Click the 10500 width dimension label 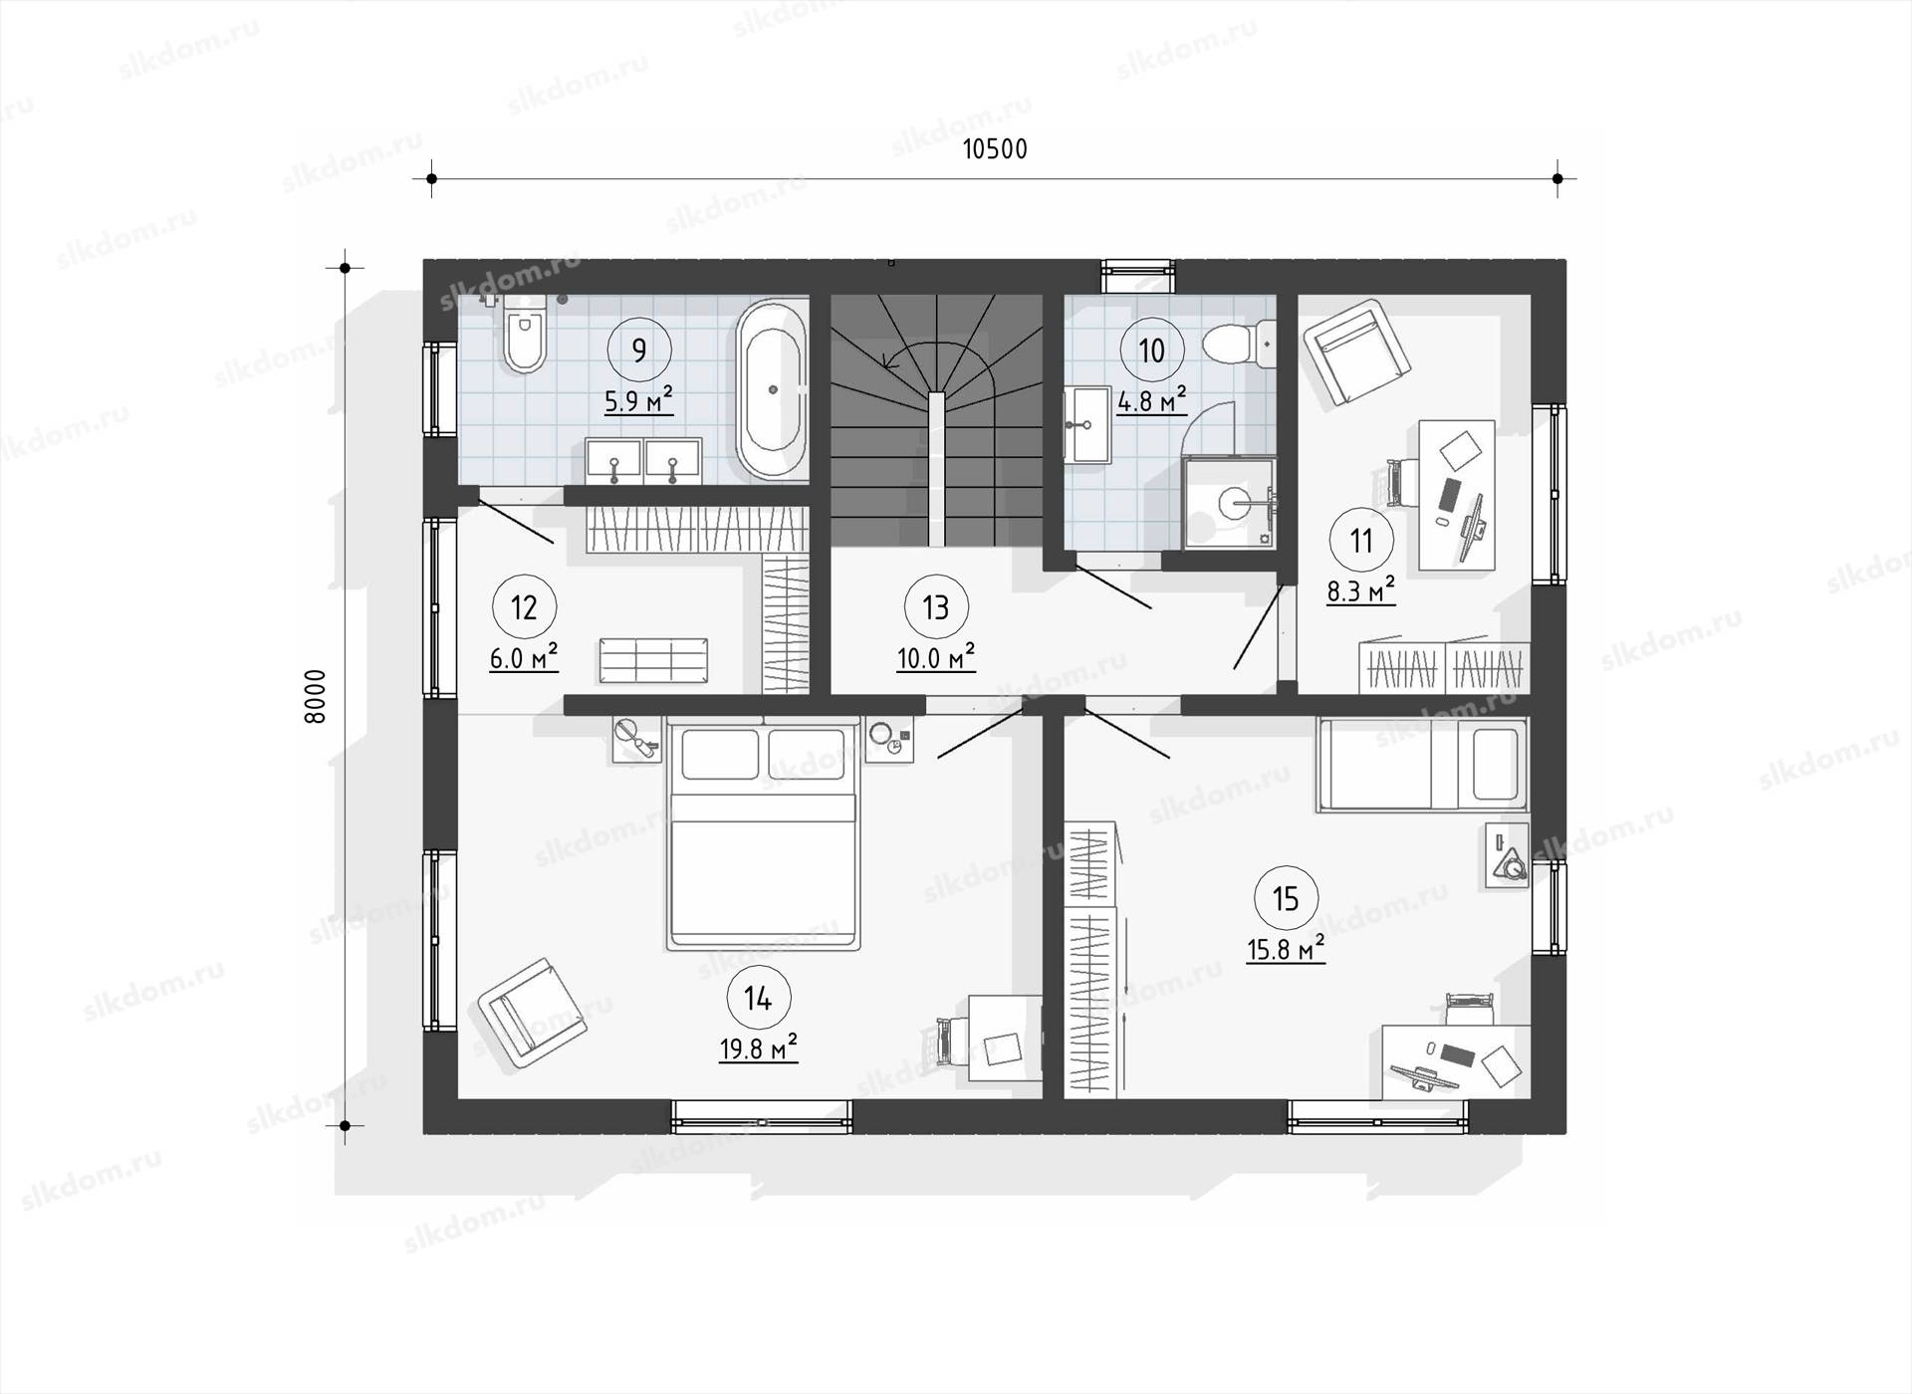pyautogui.click(x=995, y=149)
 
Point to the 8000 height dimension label pyautogui.click(x=315, y=696)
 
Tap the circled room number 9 pyautogui.click(x=639, y=349)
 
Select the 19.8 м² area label pyautogui.click(x=759, y=1047)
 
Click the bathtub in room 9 pyautogui.click(x=772, y=390)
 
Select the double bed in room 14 pyautogui.click(x=763, y=834)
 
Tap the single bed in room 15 pyautogui.click(x=1422, y=766)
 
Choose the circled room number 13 pyautogui.click(x=936, y=607)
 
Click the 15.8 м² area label pyautogui.click(x=1286, y=948)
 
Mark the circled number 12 pyautogui.click(x=524, y=607)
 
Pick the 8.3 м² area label pyautogui.click(x=1361, y=591)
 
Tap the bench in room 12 pyautogui.click(x=653, y=660)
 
